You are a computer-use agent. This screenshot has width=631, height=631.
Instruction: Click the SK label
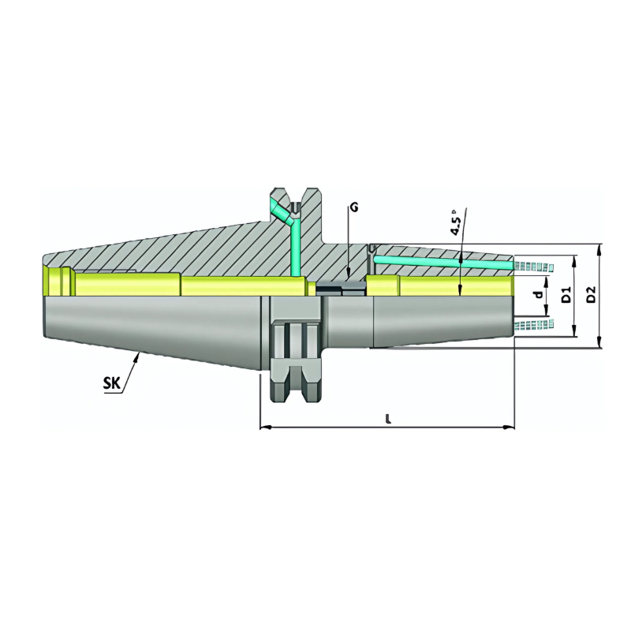pos(112,384)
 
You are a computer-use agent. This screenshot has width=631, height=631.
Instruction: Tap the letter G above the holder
pos(354,207)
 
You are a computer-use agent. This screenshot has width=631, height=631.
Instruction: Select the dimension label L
pos(388,419)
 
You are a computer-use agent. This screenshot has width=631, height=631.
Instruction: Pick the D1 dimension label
pos(566,297)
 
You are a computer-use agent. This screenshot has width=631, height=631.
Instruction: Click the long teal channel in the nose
pos(442,263)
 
